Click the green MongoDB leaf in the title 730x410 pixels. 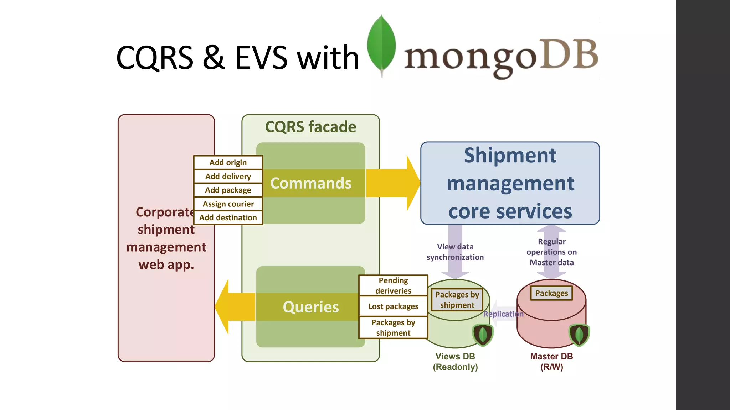[x=381, y=44]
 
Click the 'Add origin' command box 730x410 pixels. [x=228, y=163]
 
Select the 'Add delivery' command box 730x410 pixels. [x=228, y=177]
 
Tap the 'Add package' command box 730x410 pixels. [x=228, y=190]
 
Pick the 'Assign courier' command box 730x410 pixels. [x=228, y=204]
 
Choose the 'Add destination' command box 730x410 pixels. [x=228, y=217]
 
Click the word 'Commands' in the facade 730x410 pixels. [x=310, y=183]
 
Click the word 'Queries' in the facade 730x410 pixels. [x=310, y=307]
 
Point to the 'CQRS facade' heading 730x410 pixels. [x=310, y=127]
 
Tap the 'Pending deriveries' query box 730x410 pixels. [x=393, y=285]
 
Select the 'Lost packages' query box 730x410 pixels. [x=393, y=306]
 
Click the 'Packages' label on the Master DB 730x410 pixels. [x=551, y=293]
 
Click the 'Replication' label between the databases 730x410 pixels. [x=503, y=314]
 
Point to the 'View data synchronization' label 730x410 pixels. [x=455, y=252]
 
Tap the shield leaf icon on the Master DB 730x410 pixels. [x=579, y=335]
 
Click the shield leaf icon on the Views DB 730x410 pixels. [x=483, y=335]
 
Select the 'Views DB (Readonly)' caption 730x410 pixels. [x=455, y=362]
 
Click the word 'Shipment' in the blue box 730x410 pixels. [x=510, y=156]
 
